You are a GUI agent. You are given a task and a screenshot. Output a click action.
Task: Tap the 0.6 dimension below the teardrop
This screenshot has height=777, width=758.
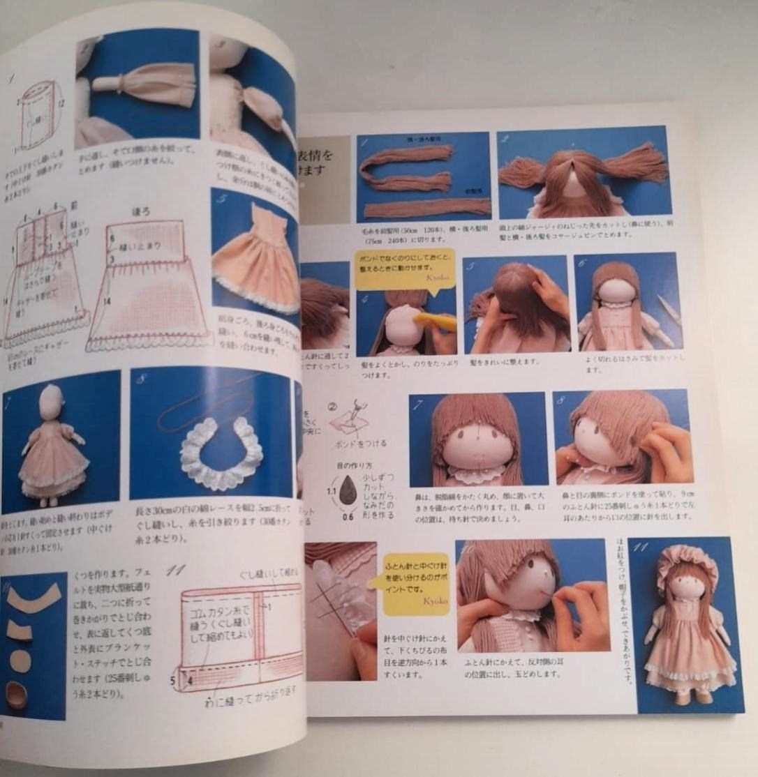click(348, 517)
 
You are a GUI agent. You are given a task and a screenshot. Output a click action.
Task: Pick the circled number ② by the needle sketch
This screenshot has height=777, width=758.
click(333, 405)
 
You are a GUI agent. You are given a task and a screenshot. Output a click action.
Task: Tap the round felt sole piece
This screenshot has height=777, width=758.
click(21, 660)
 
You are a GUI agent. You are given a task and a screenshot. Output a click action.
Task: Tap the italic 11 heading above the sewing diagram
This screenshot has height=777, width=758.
click(175, 570)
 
